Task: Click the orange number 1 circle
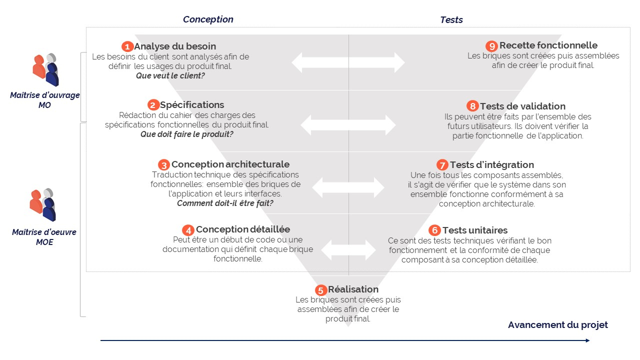127,46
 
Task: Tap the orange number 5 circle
321,290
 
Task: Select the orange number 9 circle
492,46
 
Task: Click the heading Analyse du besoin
175,46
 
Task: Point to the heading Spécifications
192,105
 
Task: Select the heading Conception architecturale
230,164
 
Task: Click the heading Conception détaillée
242,229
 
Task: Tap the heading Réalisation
353,289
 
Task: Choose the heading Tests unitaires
474,230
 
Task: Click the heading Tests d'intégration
491,164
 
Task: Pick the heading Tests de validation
522,106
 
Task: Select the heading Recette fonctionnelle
548,45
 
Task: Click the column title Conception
208,19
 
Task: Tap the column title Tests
451,20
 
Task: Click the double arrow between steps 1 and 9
348,62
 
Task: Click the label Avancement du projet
557,325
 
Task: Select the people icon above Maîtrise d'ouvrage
46,69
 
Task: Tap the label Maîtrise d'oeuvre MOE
44,237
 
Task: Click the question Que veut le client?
170,76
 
